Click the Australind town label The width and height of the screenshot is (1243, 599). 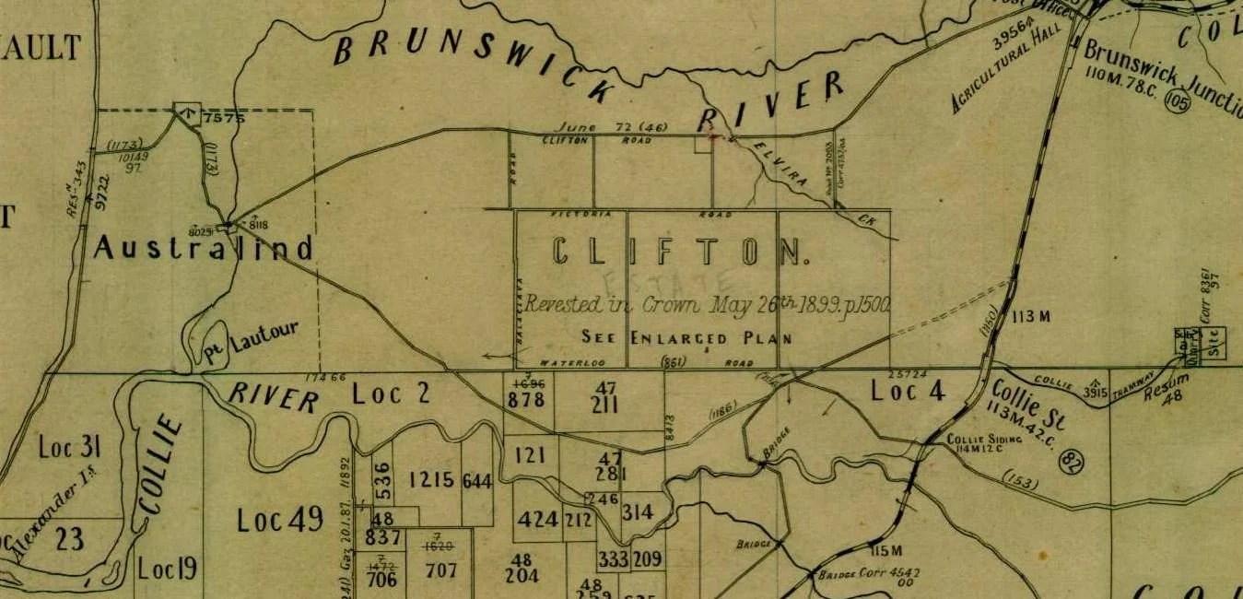coord(204,247)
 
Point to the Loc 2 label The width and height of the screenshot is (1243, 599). coord(391,394)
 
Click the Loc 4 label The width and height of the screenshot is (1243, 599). coord(908,392)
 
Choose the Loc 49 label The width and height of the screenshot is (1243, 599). coord(280,520)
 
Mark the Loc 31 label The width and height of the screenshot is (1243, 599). coord(69,448)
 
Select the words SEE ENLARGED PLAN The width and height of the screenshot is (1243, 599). coord(686,337)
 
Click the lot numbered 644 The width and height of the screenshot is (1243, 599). coord(477,480)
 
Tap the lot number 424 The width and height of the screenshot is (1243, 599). coord(537,519)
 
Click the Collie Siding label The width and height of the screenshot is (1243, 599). coord(985,440)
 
